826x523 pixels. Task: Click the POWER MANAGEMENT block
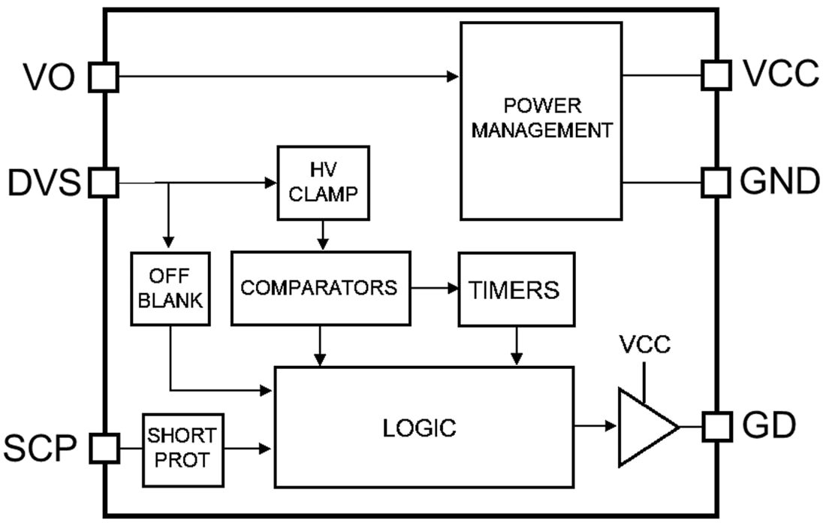[x=541, y=120]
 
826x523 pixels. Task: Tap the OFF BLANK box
[x=170, y=289]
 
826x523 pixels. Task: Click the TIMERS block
[x=516, y=289]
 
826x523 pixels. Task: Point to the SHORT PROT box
[x=182, y=448]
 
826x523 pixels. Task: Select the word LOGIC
[x=419, y=428]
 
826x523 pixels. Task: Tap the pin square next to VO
[x=104, y=77]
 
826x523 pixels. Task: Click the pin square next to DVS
[x=104, y=183]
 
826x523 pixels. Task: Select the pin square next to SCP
[x=104, y=448]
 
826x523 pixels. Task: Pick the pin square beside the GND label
[x=716, y=182]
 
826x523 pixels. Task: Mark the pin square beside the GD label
[x=716, y=427]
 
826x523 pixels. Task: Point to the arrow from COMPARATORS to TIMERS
[x=435, y=288]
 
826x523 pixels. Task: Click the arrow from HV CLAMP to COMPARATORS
[x=323, y=235]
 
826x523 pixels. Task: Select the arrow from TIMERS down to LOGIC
[x=517, y=346]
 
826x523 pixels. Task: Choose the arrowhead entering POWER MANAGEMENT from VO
[x=453, y=77]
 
